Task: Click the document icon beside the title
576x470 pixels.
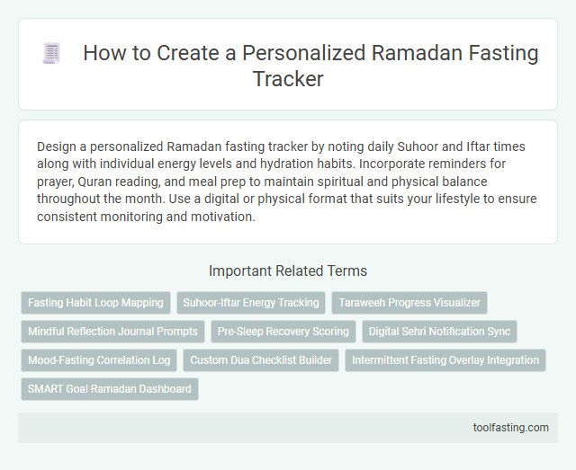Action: tap(51, 54)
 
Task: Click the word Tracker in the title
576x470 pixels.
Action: tap(288, 79)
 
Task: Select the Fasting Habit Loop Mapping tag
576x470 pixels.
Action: tap(95, 303)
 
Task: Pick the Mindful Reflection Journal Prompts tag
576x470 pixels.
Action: tap(112, 332)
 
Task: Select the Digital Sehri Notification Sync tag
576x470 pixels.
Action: tap(439, 332)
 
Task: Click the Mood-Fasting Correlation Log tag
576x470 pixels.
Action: tap(99, 360)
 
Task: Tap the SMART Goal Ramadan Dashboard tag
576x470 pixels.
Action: tap(109, 389)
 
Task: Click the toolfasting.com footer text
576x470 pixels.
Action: tap(509, 427)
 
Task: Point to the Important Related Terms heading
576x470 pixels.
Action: tap(287, 270)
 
